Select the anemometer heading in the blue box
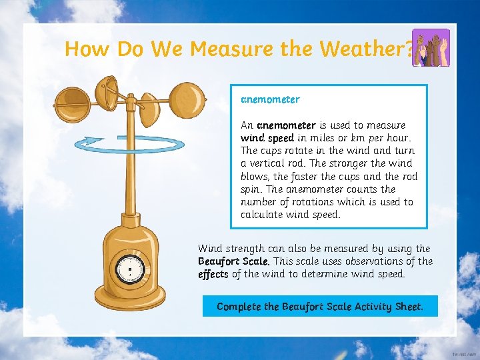[270, 99]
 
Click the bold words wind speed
[267, 138]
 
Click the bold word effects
[213, 274]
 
